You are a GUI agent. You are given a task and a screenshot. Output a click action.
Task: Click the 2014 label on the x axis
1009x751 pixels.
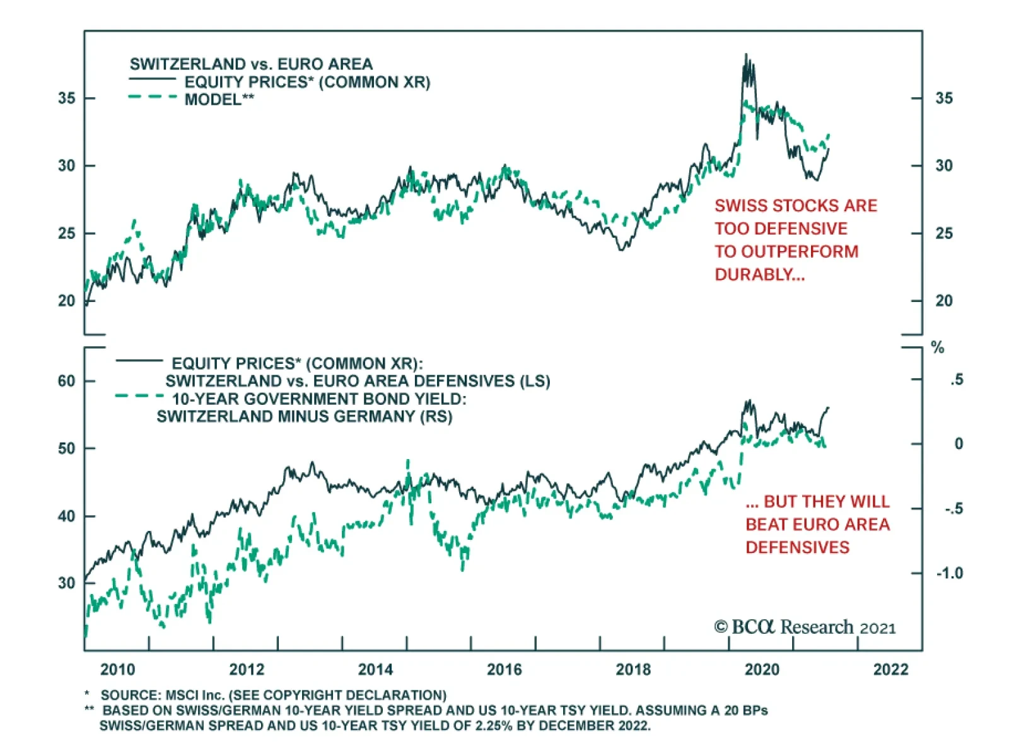click(x=375, y=669)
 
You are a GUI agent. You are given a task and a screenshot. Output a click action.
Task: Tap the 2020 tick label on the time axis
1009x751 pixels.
click(x=762, y=669)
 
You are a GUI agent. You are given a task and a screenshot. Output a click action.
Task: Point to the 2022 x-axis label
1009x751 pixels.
click(x=890, y=669)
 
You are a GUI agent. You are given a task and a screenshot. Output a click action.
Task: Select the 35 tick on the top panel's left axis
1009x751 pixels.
click(x=66, y=98)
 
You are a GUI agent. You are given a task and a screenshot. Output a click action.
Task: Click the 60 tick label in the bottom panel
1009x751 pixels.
click(x=66, y=381)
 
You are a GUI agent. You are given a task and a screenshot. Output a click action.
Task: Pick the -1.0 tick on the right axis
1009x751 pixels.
click(x=950, y=573)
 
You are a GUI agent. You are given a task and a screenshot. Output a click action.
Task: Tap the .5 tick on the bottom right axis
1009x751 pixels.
click(x=957, y=380)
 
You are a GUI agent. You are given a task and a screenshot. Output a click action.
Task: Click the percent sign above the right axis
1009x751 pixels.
click(x=938, y=347)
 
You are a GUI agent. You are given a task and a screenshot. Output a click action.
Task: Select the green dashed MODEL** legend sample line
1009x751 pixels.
click(x=153, y=97)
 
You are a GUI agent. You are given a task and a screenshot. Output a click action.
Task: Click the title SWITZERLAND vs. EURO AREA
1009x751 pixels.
click(x=251, y=64)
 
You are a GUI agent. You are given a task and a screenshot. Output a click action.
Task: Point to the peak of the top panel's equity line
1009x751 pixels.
click(x=746, y=55)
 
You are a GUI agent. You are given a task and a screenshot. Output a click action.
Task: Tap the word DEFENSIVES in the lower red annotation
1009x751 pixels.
click(x=797, y=547)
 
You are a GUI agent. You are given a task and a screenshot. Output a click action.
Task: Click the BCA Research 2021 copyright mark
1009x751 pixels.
click(x=805, y=627)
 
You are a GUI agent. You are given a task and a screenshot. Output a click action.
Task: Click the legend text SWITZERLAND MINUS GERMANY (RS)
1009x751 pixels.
click(x=304, y=416)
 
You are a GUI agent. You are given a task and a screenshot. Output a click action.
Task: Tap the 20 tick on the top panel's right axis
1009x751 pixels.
click(x=943, y=301)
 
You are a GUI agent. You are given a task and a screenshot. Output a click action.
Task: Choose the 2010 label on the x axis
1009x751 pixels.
click(x=117, y=669)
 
